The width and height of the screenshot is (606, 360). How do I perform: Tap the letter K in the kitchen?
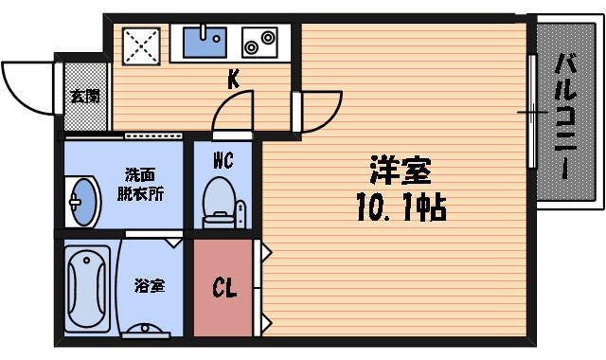tap(233, 81)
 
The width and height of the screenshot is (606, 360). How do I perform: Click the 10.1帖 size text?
tap(401, 206)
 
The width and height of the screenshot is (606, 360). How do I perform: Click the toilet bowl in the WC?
tap(220, 199)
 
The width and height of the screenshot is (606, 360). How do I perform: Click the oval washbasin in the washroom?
tap(85, 200)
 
